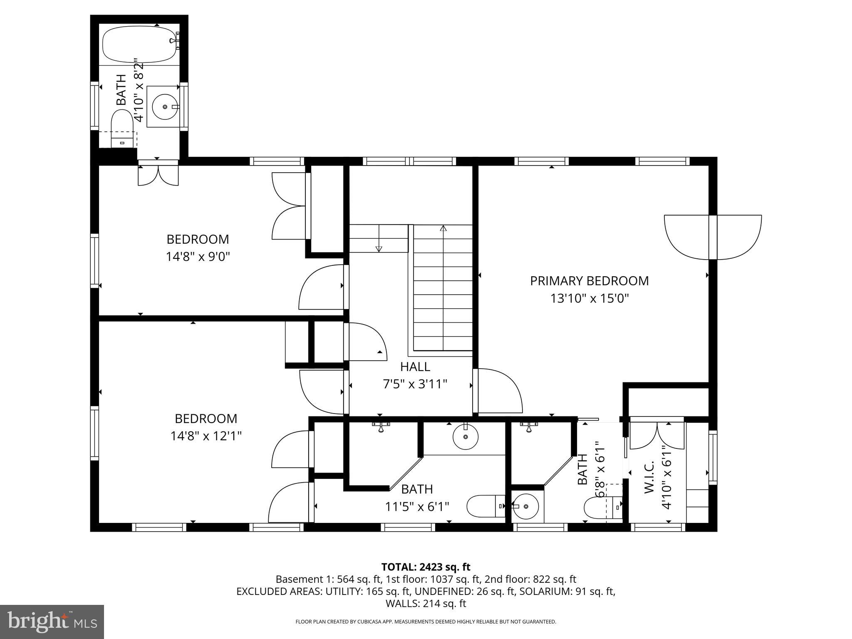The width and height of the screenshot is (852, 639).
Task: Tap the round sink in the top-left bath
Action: click(x=165, y=107)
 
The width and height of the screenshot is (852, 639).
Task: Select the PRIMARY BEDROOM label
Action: click(x=589, y=281)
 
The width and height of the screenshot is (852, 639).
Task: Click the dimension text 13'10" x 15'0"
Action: click(x=589, y=298)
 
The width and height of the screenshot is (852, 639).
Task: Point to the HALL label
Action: click(x=415, y=367)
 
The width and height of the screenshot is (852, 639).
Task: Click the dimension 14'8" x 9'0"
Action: click(x=198, y=257)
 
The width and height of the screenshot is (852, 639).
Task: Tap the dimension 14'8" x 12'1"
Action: click(x=206, y=436)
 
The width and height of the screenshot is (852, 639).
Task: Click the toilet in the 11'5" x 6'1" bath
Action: click(x=485, y=506)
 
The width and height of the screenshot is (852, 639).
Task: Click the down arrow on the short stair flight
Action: click(x=379, y=248)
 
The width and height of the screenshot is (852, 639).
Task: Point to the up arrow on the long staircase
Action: click(x=443, y=228)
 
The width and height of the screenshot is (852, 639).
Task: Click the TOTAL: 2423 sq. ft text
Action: click(x=426, y=567)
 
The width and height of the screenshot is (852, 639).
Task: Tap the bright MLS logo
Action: click(x=52, y=622)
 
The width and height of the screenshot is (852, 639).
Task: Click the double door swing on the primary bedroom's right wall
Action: click(x=713, y=238)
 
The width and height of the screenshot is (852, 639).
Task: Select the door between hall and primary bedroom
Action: click(x=499, y=391)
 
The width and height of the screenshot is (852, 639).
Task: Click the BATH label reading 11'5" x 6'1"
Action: click(x=417, y=489)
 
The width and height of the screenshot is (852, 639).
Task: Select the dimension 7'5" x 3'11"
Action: click(x=415, y=384)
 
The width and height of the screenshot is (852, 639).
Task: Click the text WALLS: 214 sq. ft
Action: click(x=426, y=603)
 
